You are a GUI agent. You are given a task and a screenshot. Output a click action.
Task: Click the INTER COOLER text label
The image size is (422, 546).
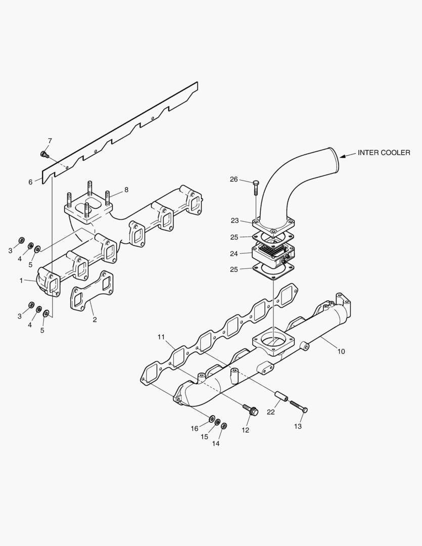(x=384, y=153)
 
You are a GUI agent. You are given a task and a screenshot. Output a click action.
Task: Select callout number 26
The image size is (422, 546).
(x=233, y=179)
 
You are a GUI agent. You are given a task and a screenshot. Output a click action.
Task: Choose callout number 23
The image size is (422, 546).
(x=235, y=220)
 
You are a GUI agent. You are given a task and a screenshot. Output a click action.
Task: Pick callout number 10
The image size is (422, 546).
(x=341, y=351)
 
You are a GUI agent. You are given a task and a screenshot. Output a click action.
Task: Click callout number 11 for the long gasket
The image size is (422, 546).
(x=161, y=337)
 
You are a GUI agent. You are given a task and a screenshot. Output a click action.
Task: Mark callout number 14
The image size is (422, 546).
(x=216, y=443)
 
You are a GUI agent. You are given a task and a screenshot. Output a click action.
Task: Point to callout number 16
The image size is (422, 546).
(x=195, y=429)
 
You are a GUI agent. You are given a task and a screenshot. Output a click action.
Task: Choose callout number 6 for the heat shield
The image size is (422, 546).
(x=31, y=181)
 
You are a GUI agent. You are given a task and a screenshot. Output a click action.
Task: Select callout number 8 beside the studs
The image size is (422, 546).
(x=126, y=190)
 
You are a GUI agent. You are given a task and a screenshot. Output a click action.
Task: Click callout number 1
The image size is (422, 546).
(x=21, y=280)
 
